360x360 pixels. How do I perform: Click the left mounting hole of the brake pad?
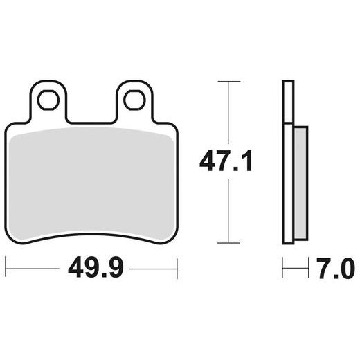[x=47, y=100]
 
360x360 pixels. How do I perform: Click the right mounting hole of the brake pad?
[x=134, y=100]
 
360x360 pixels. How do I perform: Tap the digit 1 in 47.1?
[x=247, y=162]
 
